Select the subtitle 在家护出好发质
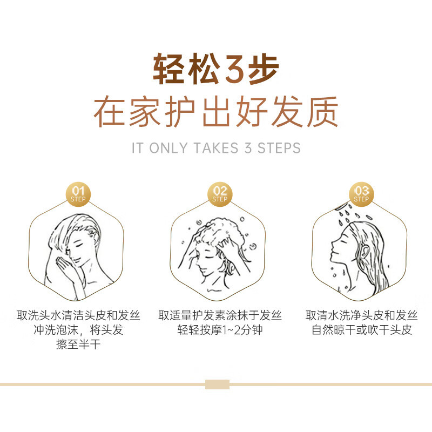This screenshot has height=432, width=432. tap(216, 112)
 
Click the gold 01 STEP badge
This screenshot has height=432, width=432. tap(78, 193)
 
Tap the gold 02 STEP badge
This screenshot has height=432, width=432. tap(220, 193)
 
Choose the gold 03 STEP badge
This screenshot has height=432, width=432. tap(361, 193)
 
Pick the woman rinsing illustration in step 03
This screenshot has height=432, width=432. tap(359, 254)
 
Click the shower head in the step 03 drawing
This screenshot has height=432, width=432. tap(341, 206)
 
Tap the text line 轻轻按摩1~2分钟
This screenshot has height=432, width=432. tap(220, 330)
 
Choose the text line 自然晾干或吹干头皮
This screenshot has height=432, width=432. tap(361, 330)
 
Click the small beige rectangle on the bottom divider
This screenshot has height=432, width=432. tap(217, 384)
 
